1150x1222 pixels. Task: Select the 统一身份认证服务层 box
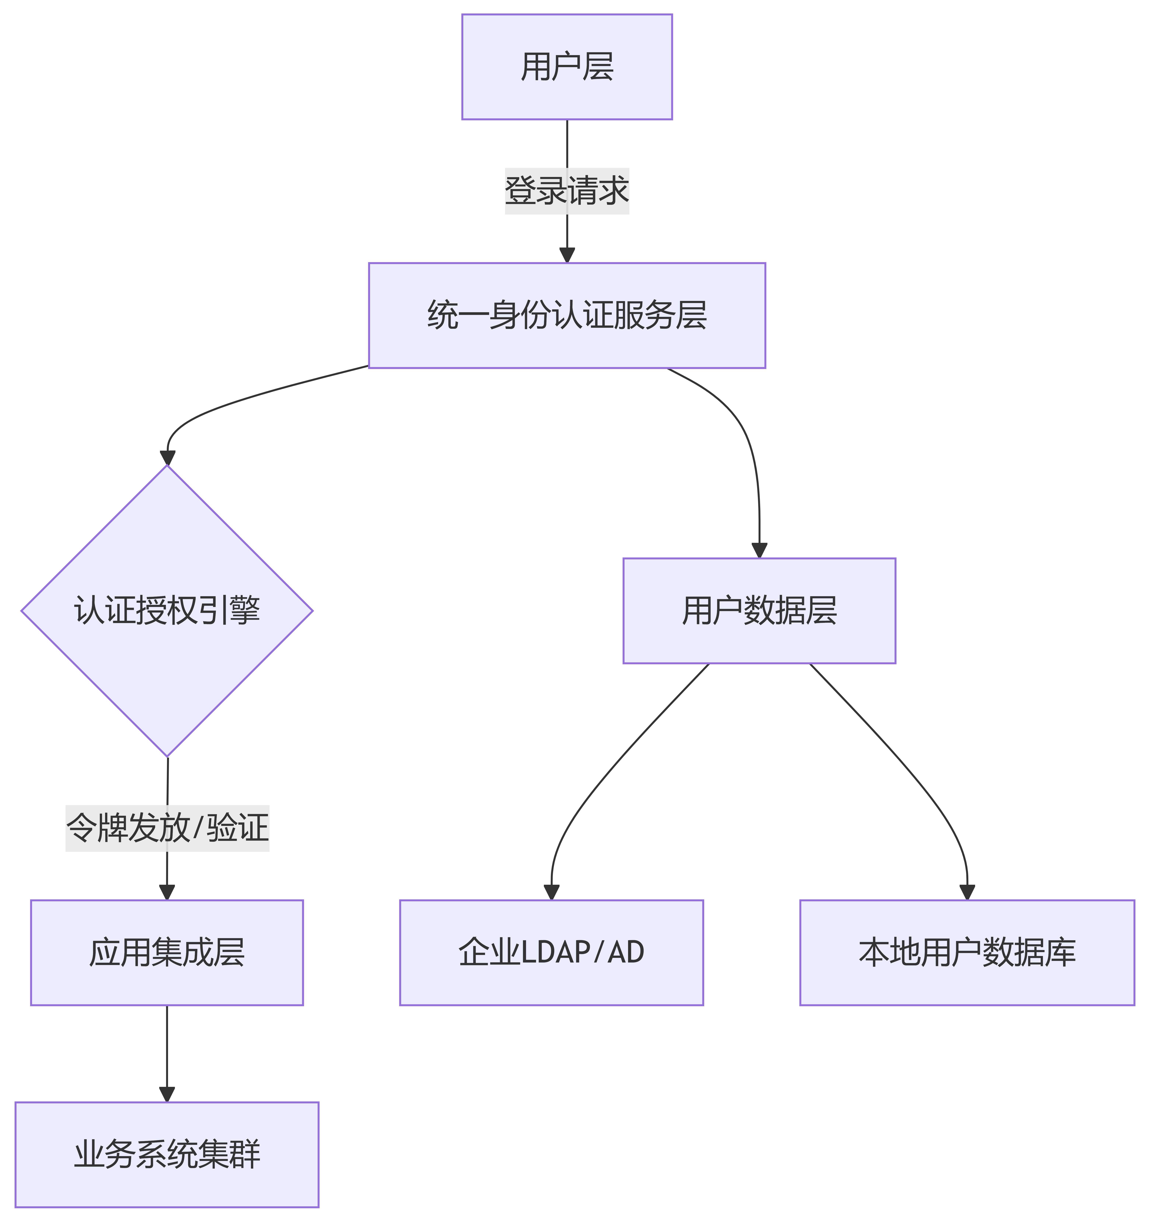(x=567, y=315)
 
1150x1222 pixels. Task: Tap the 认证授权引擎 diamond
(x=167, y=610)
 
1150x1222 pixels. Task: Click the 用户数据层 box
(x=759, y=610)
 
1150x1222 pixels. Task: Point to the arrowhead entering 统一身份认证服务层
(x=567, y=255)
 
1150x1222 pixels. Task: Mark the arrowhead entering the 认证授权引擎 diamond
(x=167, y=458)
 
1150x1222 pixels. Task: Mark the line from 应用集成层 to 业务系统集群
(x=167, y=1045)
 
